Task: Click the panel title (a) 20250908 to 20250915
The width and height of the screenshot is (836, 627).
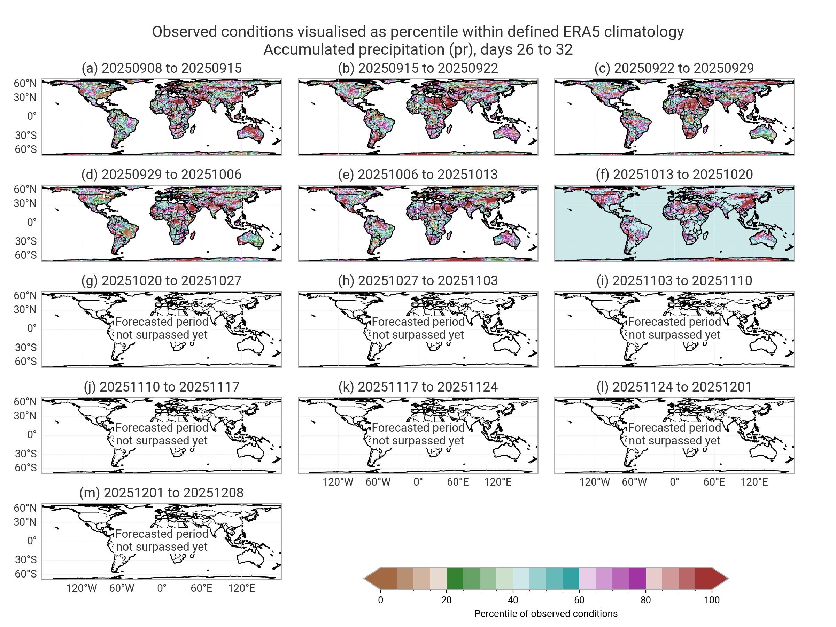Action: pyautogui.click(x=161, y=68)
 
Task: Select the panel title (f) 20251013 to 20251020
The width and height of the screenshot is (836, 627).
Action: pyautogui.click(x=674, y=174)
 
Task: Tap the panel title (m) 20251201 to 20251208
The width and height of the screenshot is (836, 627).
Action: pyautogui.click(x=161, y=493)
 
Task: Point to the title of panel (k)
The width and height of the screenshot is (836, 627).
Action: pyautogui.click(x=418, y=387)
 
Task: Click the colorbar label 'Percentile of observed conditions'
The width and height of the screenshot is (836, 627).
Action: pyautogui.click(x=546, y=613)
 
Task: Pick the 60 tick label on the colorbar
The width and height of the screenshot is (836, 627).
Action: pyautogui.click(x=579, y=600)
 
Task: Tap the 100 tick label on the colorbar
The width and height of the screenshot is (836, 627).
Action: pyautogui.click(x=712, y=600)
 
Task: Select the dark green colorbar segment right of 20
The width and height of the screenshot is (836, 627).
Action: pyautogui.click(x=455, y=578)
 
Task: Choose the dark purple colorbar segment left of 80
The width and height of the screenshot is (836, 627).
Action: pyautogui.click(x=637, y=578)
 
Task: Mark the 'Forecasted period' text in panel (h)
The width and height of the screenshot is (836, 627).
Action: pyautogui.click(x=418, y=322)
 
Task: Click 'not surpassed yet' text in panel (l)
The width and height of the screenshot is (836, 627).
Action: pyautogui.click(x=674, y=441)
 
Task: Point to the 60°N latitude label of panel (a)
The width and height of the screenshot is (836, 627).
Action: pyautogui.click(x=25, y=84)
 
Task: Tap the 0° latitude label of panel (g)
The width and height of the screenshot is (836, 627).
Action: pyautogui.click(x=32, y=328)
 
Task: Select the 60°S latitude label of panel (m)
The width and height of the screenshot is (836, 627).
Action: pyautogui.click(x=25, y=574)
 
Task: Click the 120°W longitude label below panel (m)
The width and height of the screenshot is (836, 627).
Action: pyautogui.click(x=82, y=588)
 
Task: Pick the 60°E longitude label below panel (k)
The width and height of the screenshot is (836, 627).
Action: pyautogui.click(x=458, y=482)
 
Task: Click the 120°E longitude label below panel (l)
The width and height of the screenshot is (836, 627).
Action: pyautogui.click(x=754, y=482)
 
